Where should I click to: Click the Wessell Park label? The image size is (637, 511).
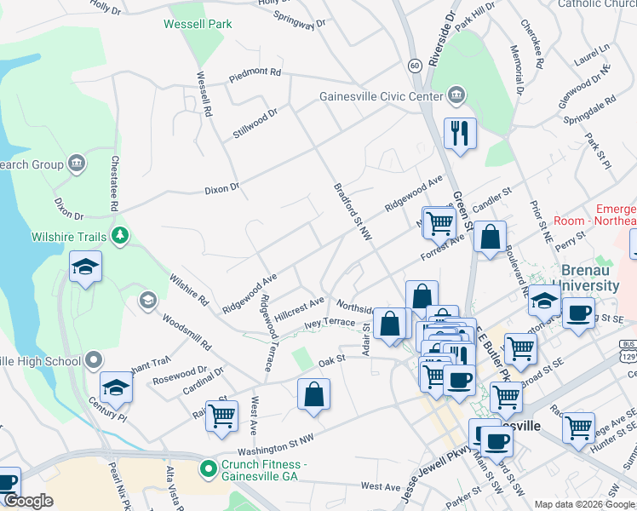click(198, 24)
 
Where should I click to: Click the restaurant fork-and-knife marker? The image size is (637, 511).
click(460, 134)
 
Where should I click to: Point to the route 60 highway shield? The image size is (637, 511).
click(414, 65)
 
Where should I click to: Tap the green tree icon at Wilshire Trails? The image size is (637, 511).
click(121, 233)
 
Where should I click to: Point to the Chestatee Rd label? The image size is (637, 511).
click(112, 182)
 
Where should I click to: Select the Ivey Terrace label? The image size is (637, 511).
click(329, 322)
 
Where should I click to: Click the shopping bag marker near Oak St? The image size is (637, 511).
click(313, 394)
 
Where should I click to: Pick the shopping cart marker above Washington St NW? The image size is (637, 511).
click(222, 416)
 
